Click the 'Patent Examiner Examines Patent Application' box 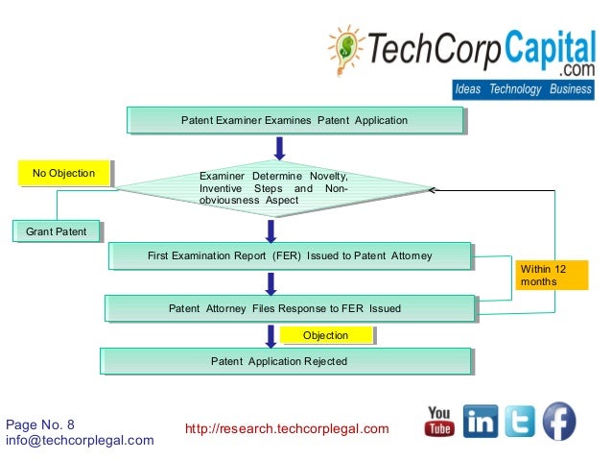294,121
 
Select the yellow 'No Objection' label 63,174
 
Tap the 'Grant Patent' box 57,231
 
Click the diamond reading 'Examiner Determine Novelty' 272,189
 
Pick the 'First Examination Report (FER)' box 290,256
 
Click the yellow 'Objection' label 325,335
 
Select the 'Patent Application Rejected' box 285,361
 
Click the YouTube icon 439,422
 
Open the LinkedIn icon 481,422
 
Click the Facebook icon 560,422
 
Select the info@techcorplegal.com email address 80,440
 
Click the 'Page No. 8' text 40,424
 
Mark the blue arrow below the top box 279,146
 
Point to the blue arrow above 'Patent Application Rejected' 271,335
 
